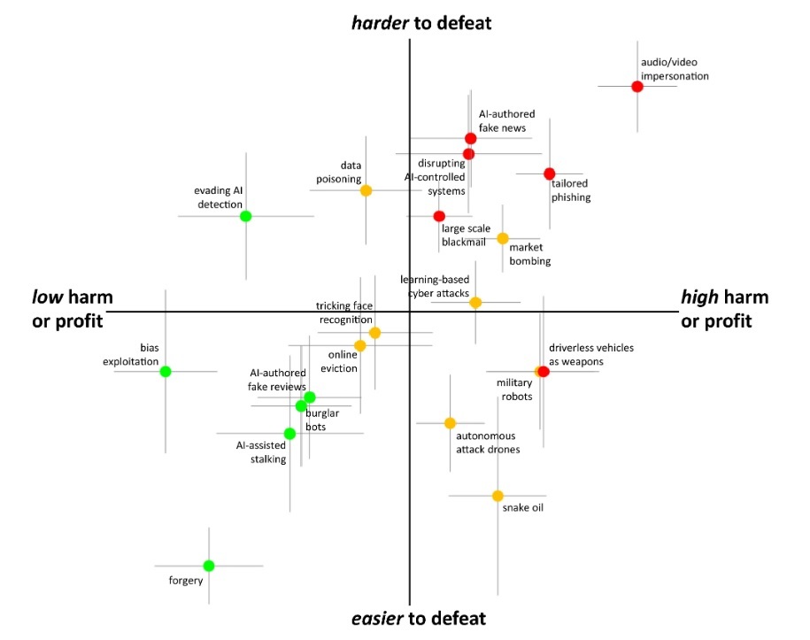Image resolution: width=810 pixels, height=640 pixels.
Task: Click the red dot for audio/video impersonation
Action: tap(637, 86)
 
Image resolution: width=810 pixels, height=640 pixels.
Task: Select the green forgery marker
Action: tap(209, 566)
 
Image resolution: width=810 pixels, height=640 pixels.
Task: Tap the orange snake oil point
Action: tap(498, 496)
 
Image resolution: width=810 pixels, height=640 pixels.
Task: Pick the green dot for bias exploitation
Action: tap(166, 372)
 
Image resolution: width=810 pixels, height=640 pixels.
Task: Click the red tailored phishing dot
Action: tap(549, 173)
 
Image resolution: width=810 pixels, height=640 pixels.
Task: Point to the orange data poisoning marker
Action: tap(366, 190)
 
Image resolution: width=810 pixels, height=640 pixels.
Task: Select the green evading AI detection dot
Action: tap(246, 216)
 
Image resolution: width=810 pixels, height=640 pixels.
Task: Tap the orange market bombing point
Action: tap(503, 238)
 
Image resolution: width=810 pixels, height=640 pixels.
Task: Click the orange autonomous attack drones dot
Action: tap(450, 423)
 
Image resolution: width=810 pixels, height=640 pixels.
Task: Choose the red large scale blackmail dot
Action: tap(439, 216)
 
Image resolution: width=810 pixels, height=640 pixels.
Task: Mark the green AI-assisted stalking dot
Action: tap(289, 434)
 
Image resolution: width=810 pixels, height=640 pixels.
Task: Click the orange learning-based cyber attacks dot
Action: tap(475, 303)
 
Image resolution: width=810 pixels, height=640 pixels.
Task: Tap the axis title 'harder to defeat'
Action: tap(421, 23)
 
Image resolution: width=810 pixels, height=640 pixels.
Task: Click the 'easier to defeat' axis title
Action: tap(419, 618)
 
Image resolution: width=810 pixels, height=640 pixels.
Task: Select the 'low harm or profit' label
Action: tap(72, 309)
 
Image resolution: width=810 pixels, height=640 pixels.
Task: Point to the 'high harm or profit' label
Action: tap(724, 309)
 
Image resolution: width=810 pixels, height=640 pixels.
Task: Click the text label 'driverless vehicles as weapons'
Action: tap(591, 354)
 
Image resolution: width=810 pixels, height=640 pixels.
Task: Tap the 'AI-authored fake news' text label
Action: tap(506, 121)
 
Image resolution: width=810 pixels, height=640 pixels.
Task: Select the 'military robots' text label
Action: tap(514, 389)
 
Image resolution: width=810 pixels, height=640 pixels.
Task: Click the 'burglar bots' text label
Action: tap(322, 420)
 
